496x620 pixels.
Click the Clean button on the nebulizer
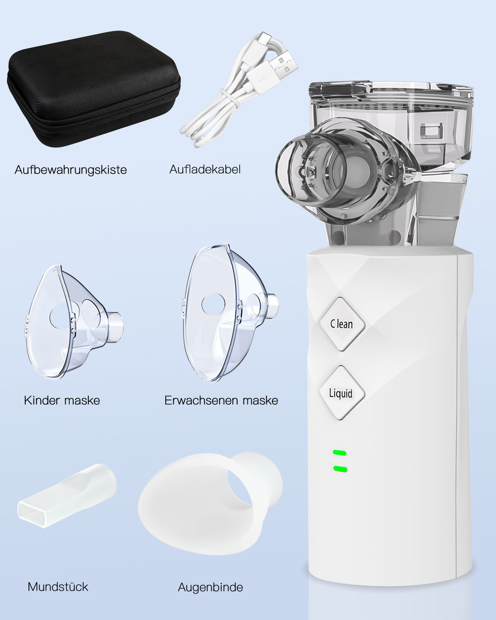point(342,324)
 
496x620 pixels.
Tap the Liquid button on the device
point(341,392)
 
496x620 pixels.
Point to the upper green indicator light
point(340,453)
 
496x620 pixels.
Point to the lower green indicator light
point(340,469)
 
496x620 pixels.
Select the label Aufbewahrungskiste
point(71,170)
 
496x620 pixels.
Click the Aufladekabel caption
point(205,169)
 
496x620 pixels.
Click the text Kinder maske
point(62,400)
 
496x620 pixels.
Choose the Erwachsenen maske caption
point(221,400)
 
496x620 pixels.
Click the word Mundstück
point(58,587)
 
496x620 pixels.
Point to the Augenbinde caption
point(210,587)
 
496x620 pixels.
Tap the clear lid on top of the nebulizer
point(391,93)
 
